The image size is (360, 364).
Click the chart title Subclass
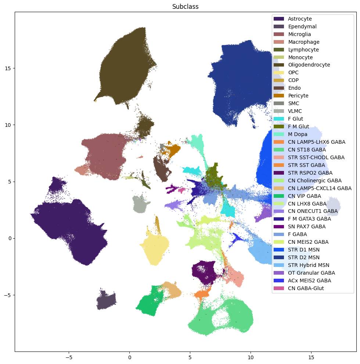[x=186, y=7]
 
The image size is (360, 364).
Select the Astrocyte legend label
[x=300, y=19]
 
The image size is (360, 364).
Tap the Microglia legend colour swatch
[x=279, y=34]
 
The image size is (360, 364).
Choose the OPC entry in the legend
[x=293, y=72]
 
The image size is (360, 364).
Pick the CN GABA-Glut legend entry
[x=306, y=288]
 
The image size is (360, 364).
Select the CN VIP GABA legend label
[x=305, y=196]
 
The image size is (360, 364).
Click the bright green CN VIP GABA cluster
[x=150, y=301]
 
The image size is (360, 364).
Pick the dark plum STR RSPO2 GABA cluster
[x=206, y=272]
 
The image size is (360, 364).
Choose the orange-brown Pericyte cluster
[x=171, y=150]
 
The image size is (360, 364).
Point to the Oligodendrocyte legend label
[x=309, y=65]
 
